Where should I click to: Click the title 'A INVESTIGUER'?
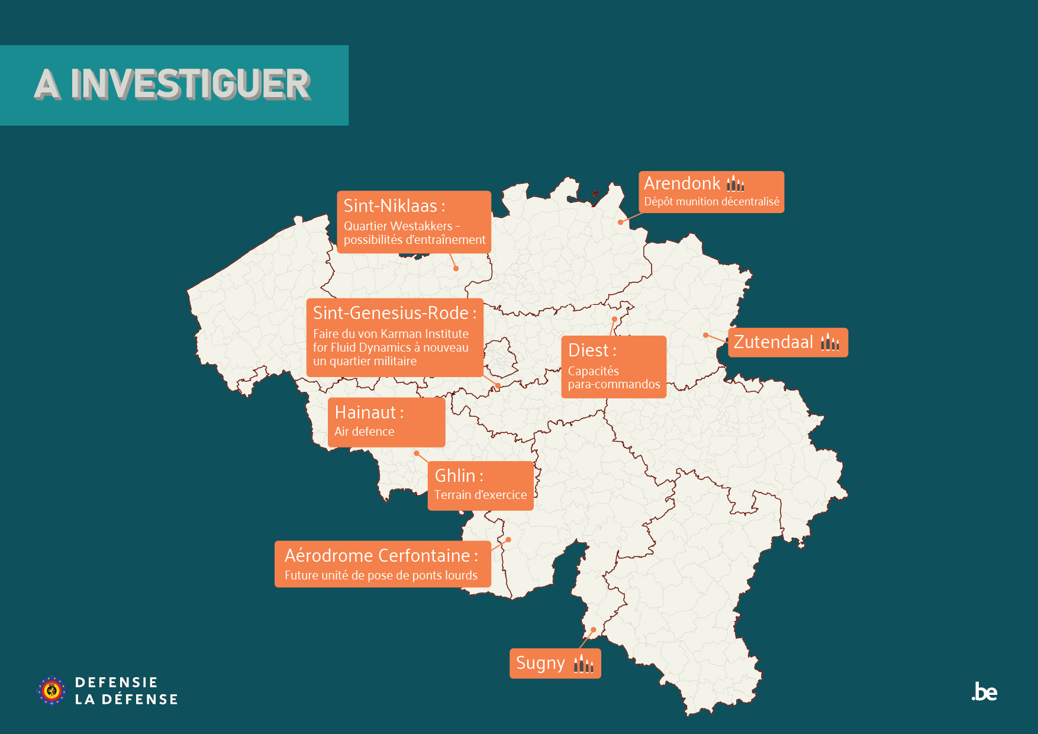tap(172, 84)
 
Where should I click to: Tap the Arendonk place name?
tap(682, 183)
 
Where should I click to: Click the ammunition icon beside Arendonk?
tap(736, 183)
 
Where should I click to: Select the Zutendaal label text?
tap(773, 342)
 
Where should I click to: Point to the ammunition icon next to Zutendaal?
tap(830, 342)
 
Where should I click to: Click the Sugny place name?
tap(540, 663)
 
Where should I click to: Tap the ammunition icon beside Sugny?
tap(584, 664)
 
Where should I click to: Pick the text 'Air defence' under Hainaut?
tap(364, 432)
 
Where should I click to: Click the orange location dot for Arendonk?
tap(620, 222)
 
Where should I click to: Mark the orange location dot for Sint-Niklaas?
tap(456, 269)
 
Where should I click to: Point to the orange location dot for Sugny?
tap(593, 629)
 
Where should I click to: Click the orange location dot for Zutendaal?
tap(705, 335)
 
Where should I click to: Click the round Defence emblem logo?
tap(51, 691)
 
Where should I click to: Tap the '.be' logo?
tap(984, 692)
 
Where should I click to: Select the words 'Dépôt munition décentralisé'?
tap(711, 202)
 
